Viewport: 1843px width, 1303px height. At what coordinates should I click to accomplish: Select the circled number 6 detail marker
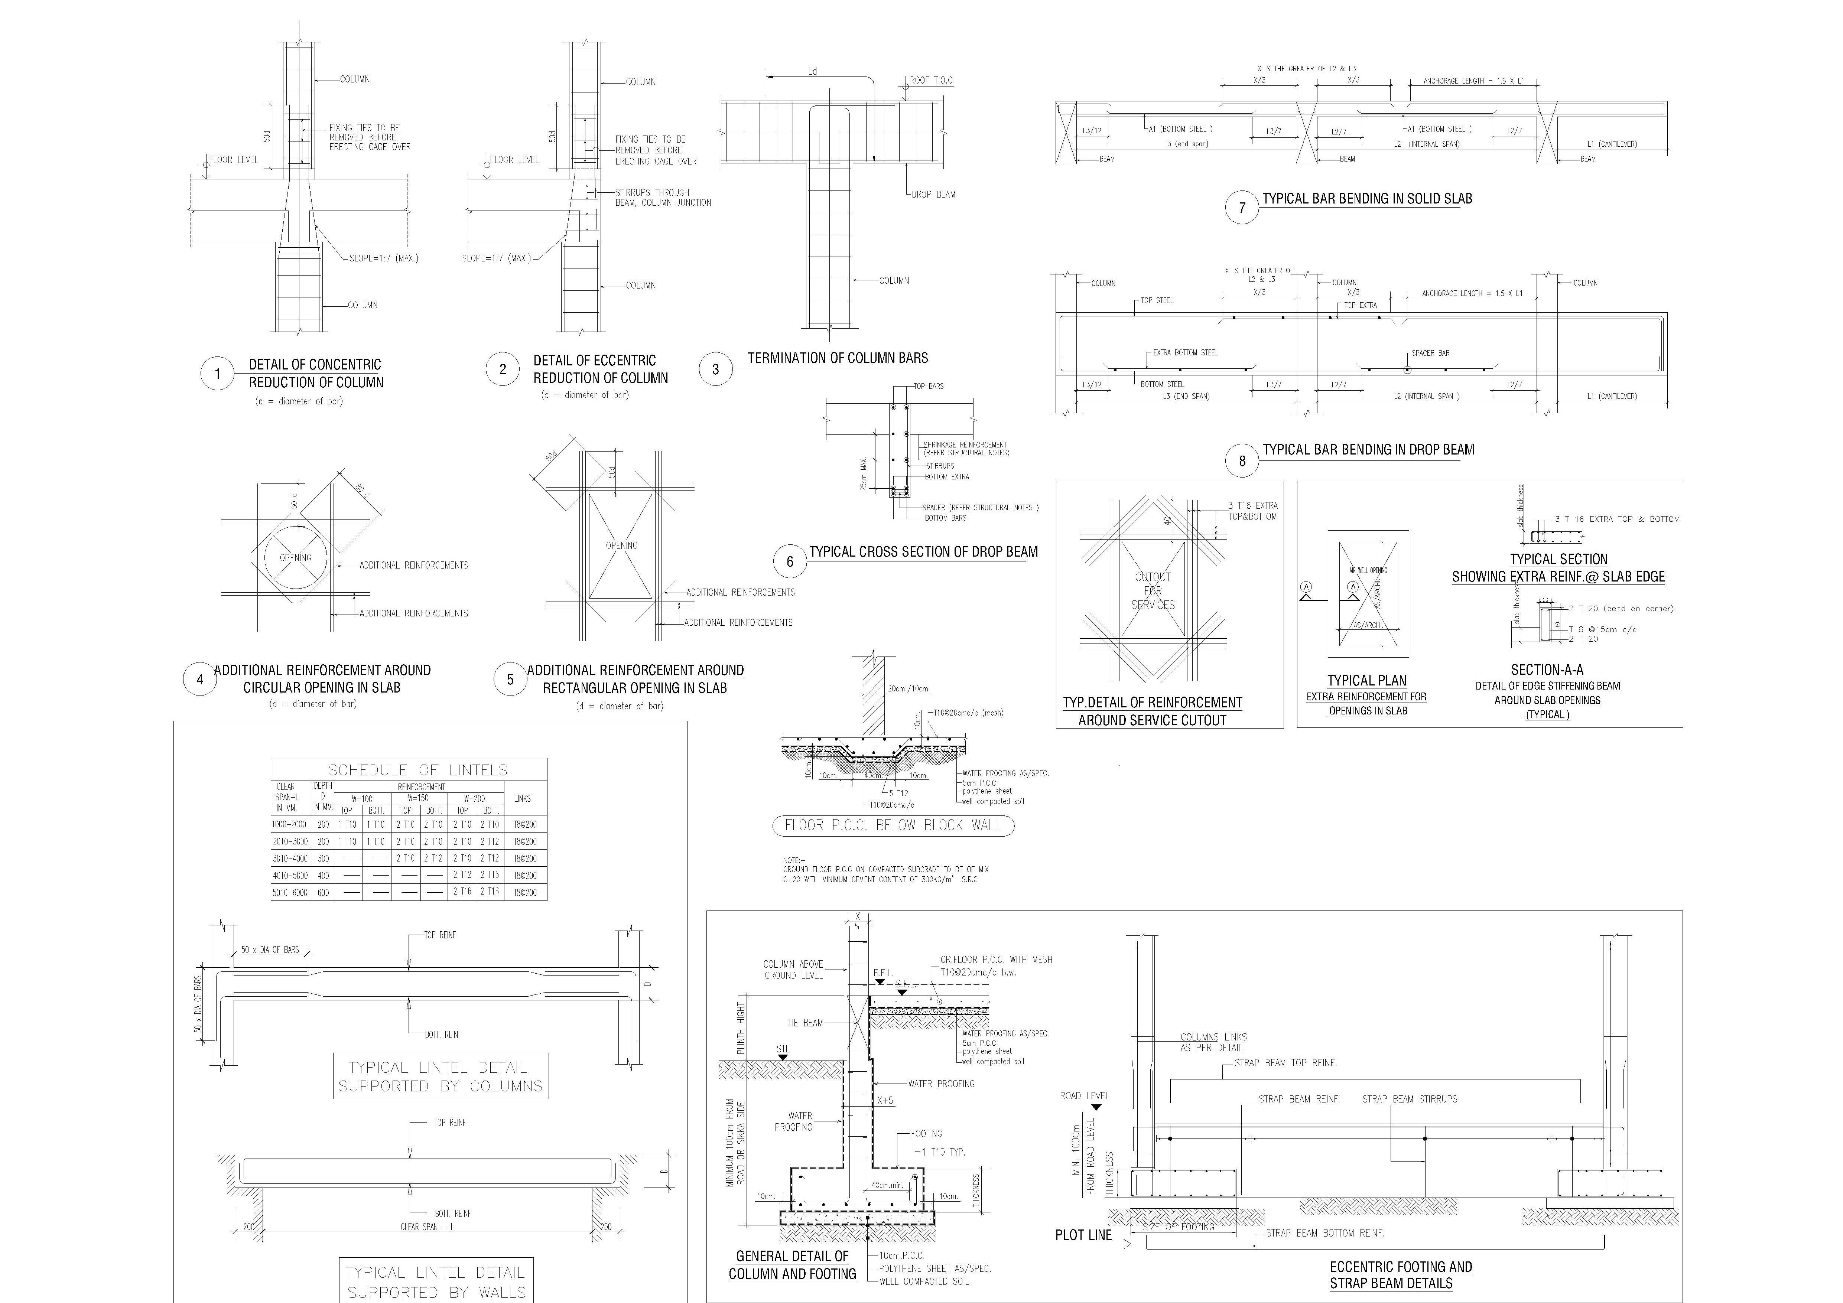[x=790, y=561]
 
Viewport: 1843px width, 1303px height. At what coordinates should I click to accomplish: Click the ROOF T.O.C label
[x=931, y=80]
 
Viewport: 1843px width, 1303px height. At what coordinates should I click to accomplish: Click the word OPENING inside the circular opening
[x=295, y=558]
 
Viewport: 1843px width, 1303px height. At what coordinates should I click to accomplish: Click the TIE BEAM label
[x=804, y=1023]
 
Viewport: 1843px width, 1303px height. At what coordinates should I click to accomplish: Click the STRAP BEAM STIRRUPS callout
[x=1410, y=1099]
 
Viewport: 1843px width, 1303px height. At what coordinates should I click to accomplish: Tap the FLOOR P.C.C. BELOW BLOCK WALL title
[x=893, y=825]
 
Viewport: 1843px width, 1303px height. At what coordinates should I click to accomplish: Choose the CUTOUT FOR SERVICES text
[x=1153, y=590]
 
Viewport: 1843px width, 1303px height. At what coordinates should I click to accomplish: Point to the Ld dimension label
[x=812, y=71]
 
